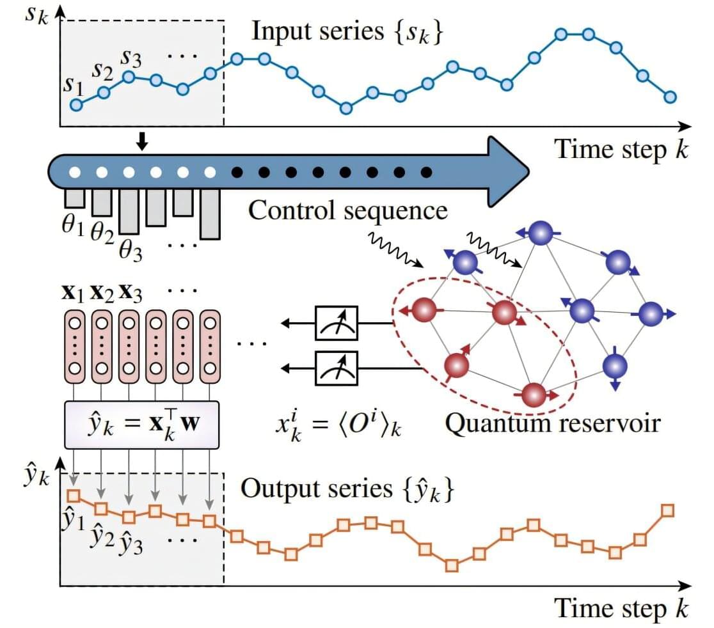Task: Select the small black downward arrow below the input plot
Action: coord(142,144)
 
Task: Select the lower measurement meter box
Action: coord(337,368)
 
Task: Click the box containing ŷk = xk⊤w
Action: coord(142,424)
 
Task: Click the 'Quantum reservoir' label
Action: coord(552,423)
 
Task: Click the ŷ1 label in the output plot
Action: coord(72,521)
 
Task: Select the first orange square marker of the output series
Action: coord(73,496)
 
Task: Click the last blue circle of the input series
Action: coord(670,97)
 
